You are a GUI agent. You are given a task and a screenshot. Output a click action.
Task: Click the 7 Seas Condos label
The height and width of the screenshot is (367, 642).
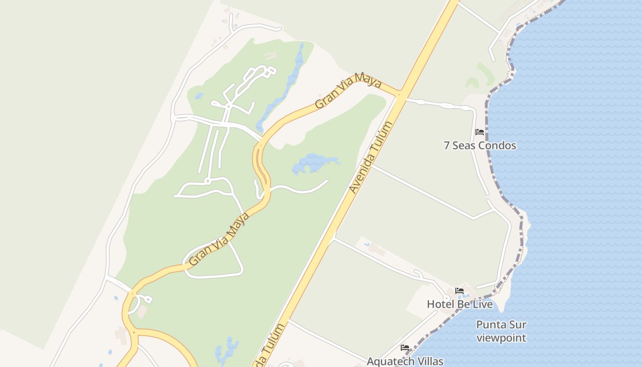(480, 145)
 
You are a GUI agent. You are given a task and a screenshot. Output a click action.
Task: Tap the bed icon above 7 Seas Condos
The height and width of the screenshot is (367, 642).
(480, 132)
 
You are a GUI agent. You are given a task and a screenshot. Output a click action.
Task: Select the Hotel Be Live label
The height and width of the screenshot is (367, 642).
(460, 304)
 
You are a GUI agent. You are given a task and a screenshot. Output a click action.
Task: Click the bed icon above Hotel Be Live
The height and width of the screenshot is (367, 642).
(459, 291)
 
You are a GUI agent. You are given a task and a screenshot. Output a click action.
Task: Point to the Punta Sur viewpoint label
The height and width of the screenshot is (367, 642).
(501, 331)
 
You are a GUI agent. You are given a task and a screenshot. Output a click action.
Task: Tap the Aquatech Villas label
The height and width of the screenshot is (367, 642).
(405, 361)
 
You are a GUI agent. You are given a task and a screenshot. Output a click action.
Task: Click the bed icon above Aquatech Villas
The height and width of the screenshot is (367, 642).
(405, 348)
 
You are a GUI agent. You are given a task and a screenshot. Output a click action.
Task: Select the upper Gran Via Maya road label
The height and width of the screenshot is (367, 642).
(349, 91)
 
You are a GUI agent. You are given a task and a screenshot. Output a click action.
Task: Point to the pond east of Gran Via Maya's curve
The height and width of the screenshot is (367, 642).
(314, 163)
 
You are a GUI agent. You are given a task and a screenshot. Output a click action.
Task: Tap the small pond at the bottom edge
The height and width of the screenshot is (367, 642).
(227, 351)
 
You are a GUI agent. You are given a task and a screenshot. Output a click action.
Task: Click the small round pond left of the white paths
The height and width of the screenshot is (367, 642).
(199, 96)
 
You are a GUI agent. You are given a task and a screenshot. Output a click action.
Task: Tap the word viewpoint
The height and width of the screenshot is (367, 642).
(501, 338)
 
